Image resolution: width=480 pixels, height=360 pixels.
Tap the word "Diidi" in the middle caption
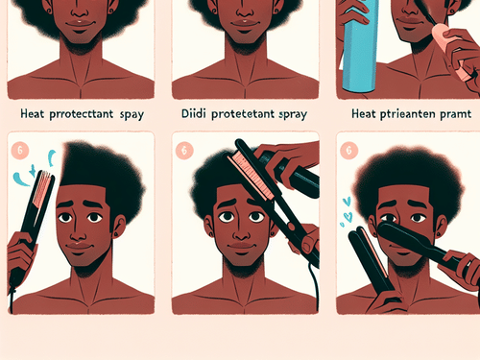click(196, 112)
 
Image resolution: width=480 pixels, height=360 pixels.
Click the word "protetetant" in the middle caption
click(245, 112)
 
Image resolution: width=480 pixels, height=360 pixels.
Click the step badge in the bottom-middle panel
click(183, 149)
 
